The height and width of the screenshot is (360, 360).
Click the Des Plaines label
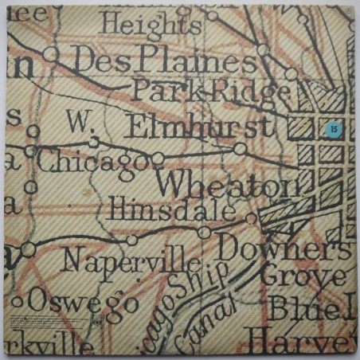pyautogui.click(x=155, y=60)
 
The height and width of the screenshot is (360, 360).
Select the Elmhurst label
pyautogui.click(x=202, y=126)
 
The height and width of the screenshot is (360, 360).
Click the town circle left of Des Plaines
pyautogui.click(x=53, y=53)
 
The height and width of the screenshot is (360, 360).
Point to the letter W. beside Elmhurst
pyautogui.click(x=76, y=121)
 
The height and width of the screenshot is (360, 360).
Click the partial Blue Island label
pyautogui.click(x=311, y=307)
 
